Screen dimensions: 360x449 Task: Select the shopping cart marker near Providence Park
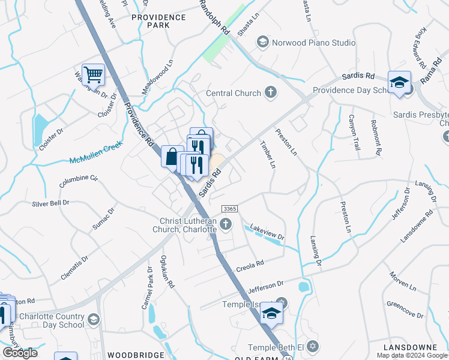[x=93, y=75]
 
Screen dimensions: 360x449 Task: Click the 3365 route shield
[x=229, y=208]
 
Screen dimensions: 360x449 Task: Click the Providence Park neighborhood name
[x=158, y=22]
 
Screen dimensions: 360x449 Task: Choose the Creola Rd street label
[x=251, y=264]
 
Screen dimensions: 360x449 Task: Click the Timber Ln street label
[x=268, y=154]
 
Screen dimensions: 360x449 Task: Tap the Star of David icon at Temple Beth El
[x=312, y=347]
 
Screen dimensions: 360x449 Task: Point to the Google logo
[x=20, y=353]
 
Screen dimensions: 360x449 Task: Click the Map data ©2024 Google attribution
[x=411, y=355]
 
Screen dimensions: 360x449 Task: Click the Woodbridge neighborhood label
[x=136, y=355]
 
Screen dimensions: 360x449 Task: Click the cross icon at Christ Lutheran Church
[x=226, y=225]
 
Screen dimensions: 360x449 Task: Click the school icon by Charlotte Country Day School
[x=93, y=319]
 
